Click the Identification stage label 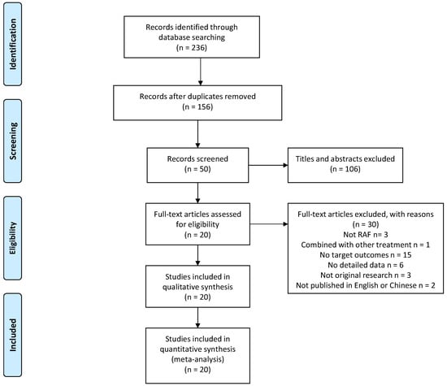[13, 44]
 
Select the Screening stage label [13, 141]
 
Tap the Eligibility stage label [13, 238]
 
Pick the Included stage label [13, 335]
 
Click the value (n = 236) [192, 47]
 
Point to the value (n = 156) [197, 107]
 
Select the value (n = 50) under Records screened [197, 169]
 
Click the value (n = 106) [345, 169]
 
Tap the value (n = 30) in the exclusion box [366, 224]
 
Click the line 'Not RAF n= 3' [366, 235]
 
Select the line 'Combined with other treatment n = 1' [366, 245]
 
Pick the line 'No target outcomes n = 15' [366, 255]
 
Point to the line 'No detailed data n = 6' [366, 265]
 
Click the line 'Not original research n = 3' [366, 275]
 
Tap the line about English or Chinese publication [366, 285]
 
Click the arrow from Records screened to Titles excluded [268, 165]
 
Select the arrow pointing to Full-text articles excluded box [269, 224]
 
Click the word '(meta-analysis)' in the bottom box [197, 359]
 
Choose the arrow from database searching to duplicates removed [201, 72]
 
